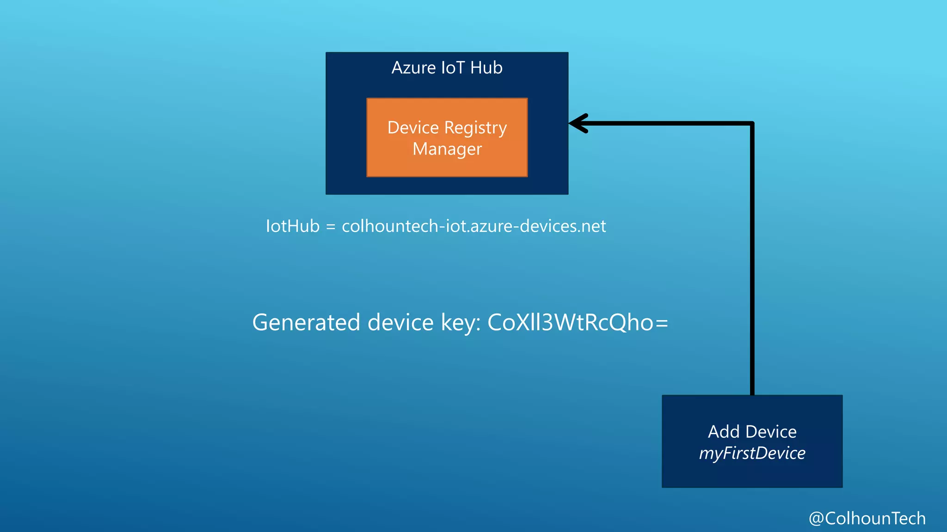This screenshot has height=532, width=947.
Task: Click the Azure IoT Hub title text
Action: tap(447, 68)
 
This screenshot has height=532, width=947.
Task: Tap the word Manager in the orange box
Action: tap(447, 149)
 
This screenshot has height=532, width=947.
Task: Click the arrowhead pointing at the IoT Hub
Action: tap(578, 123)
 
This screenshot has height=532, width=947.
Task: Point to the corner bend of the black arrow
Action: tap(752, 124)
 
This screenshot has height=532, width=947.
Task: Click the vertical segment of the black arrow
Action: tap(752, 259)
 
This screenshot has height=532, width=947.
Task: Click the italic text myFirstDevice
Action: tap(752, 453)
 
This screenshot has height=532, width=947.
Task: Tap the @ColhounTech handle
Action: tap(867, 518)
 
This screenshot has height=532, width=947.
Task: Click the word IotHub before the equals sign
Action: tap(293, 226)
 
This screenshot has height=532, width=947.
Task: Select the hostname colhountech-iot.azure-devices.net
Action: tap(473, 226)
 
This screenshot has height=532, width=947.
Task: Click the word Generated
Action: tap(306, 322)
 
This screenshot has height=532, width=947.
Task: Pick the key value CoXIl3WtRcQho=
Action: tap(578, 322)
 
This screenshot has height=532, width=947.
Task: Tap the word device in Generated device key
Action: tap(400, 322)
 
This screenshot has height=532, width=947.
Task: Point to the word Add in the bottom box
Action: tap(724, 432)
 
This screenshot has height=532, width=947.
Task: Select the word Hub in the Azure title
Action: tap(486, 68)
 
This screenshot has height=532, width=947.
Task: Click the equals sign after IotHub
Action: tap(331, 227)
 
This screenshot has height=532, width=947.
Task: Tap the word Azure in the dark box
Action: tap(413, 68)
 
